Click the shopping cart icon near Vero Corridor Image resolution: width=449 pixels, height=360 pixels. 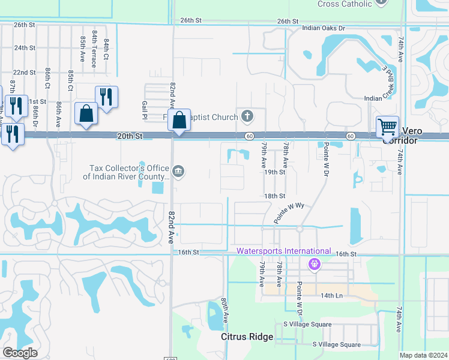point(387,127)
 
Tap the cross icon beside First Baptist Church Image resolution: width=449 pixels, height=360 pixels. point(247,115)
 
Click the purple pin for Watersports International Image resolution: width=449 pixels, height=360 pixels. point(313,263)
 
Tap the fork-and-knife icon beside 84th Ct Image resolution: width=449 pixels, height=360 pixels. point(106,97)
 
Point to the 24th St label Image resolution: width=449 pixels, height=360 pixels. point(25,47)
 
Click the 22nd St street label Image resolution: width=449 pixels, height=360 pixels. point(24,72)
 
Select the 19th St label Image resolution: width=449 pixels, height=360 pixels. point(274,172)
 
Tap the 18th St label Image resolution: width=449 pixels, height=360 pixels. point(274,196)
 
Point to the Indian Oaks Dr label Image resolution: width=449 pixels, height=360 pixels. point(324,28)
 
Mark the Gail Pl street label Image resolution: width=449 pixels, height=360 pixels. point(145,109)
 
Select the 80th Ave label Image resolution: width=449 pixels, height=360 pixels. point(224,311)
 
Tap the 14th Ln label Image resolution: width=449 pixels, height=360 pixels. point(331,296)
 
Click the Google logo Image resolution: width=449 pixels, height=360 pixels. point(20,353)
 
